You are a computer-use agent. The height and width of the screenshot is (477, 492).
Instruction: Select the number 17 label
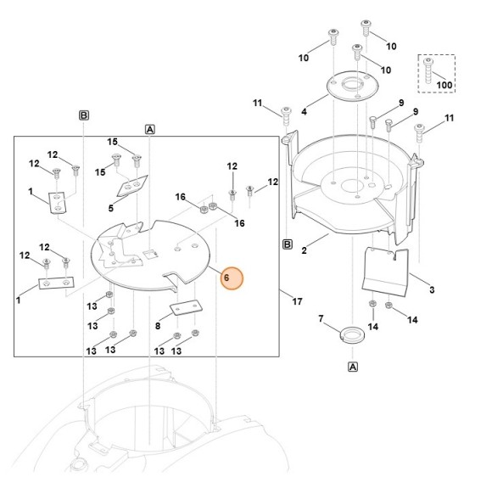coord(296,301)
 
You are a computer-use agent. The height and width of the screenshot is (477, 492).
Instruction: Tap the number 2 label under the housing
coord(303,251)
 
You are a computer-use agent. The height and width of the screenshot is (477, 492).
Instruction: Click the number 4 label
coord(304,112)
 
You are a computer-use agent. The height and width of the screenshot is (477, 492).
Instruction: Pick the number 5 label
coord(110,208)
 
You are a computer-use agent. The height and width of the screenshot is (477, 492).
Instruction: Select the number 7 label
coord(321,318)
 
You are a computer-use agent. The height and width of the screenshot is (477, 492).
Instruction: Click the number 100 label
coord(444,86)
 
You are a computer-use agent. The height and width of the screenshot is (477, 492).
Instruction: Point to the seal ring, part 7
coord(349,334)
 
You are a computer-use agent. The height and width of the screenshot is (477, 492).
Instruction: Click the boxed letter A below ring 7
coord(352,367)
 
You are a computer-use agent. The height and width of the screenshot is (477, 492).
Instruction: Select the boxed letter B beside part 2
coord(287,245)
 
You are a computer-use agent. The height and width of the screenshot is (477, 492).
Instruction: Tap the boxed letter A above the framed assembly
coord(150,130)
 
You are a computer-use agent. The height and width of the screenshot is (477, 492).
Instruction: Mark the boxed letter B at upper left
coord(84,115)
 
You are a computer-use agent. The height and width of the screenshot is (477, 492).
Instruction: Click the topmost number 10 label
coord(391,46)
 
